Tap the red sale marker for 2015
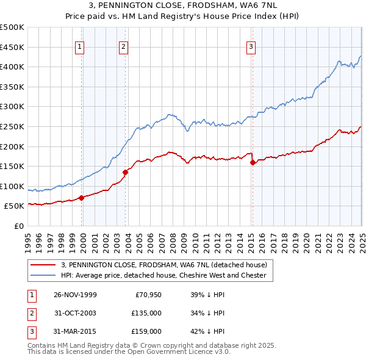[253, 162]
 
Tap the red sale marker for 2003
[125, 172]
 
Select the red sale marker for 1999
[82, 197]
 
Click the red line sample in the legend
[43, 265]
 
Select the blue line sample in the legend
[43, 275]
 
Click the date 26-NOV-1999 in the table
[75, 295]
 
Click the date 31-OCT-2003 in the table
[75, 313]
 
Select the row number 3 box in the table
[30, 331]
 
